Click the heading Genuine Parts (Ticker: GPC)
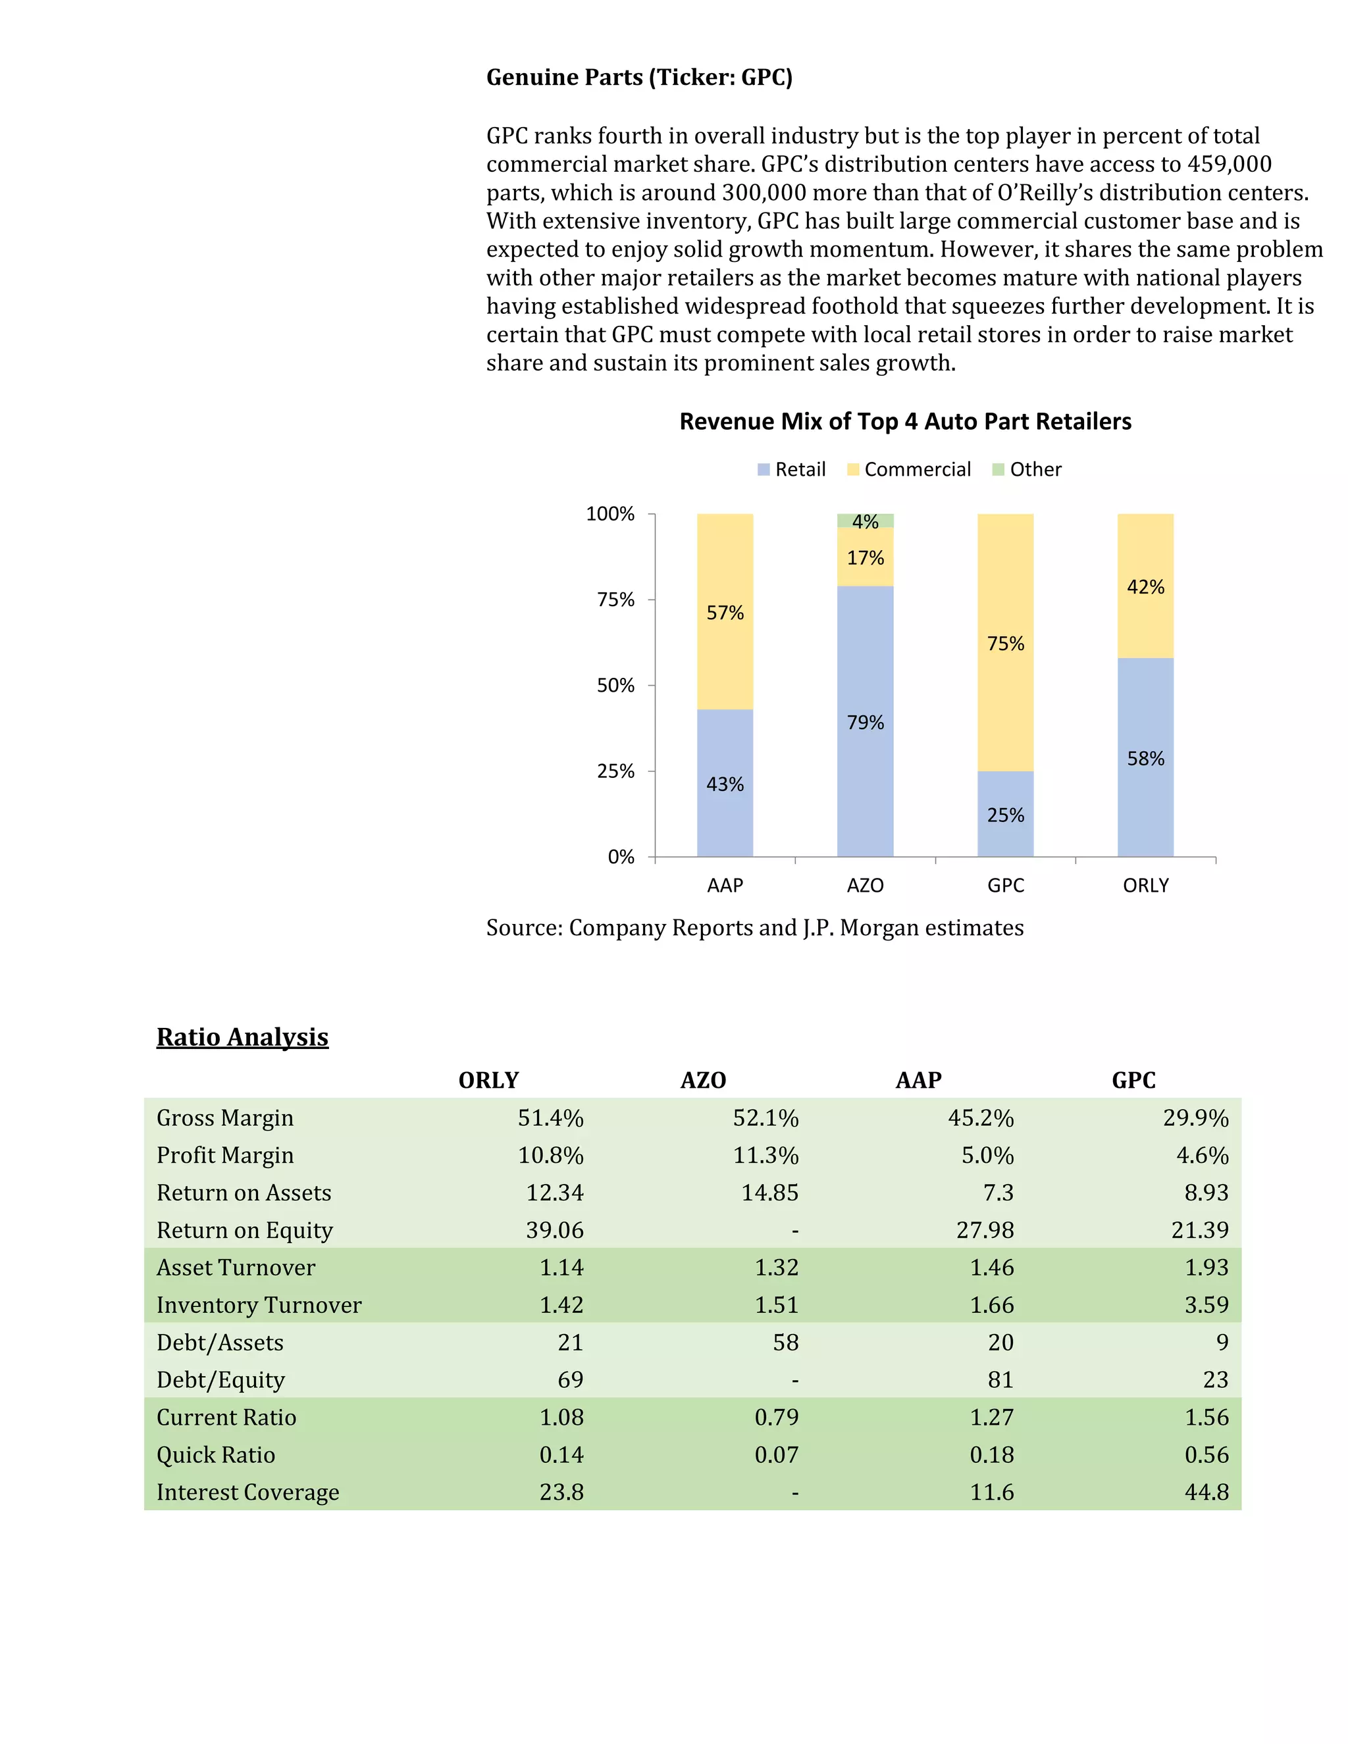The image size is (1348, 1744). pos(639,78)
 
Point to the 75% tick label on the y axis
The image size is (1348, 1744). pos(615,600)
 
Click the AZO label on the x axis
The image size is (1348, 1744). pos(865,886)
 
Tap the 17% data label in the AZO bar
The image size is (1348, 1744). pos(865,558)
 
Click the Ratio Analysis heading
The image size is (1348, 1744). pos(242,1037)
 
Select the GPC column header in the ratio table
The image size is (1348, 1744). pos(1133,1081)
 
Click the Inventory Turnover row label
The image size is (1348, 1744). pos(259,1305)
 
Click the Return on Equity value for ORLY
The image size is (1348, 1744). pos(554,1231)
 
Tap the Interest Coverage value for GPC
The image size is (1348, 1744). pos(1206,1492)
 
